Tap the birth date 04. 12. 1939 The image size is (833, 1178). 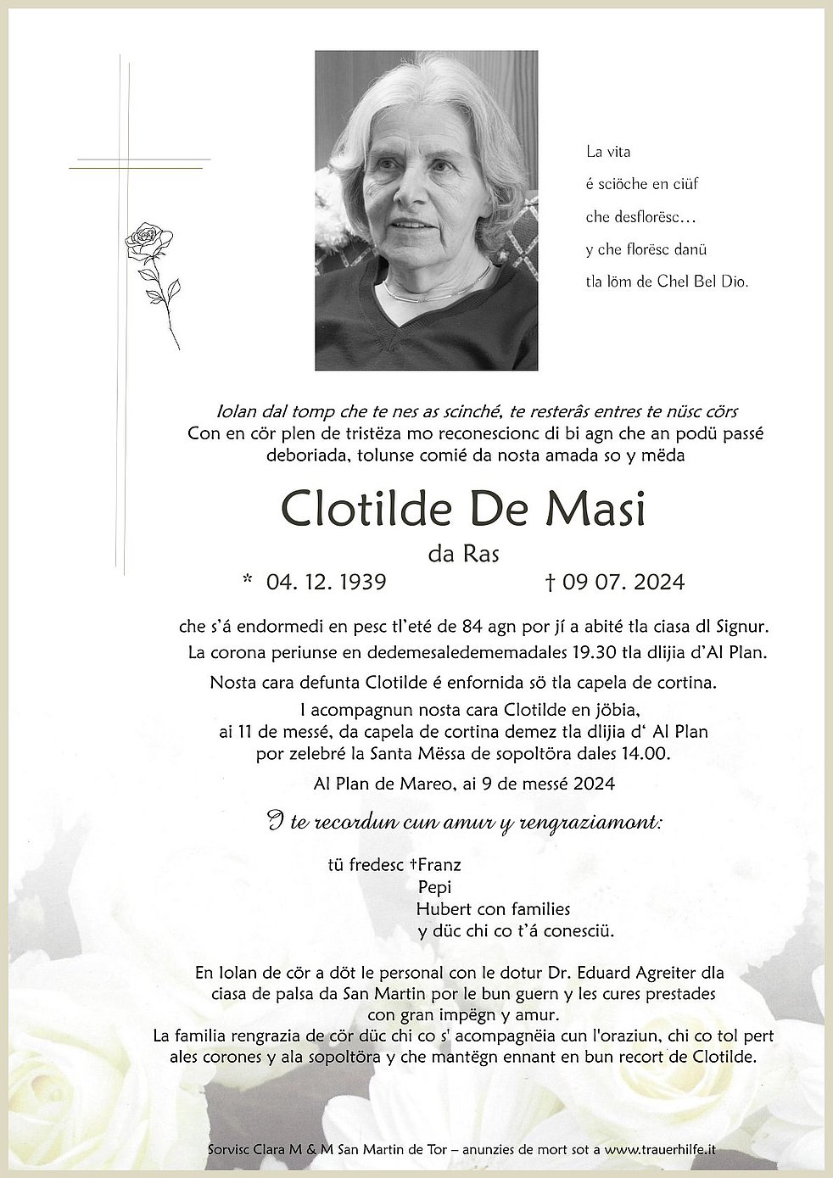pos(326,582)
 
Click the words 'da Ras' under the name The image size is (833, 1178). pos(463,554)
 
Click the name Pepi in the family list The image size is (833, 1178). pos(433,887)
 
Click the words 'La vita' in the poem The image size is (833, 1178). pos(608,153)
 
